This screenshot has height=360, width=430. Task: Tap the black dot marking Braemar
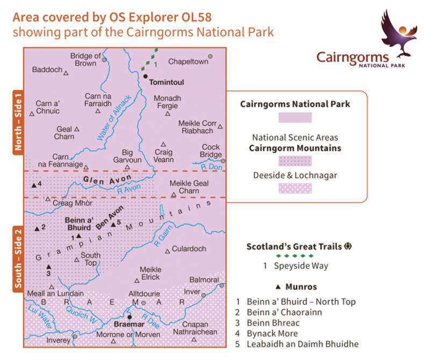tap(129, 317)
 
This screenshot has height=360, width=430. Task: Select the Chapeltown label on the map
tap(188, 62)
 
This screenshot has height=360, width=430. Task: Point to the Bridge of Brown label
tap(86, 60)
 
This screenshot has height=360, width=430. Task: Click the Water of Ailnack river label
tap(114, 118)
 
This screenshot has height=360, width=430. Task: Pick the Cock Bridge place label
tap(211, 151)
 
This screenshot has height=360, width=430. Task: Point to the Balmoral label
tap(205, 280)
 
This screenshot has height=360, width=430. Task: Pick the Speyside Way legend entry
tap(293, 266)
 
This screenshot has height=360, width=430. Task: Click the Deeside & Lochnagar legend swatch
tap(295, 189)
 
